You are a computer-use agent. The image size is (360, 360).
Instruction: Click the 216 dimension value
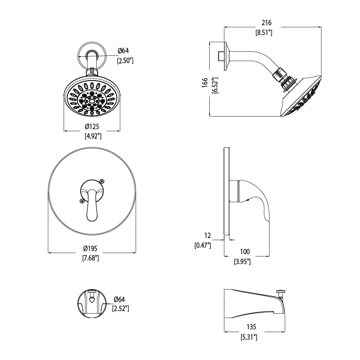point(266,23)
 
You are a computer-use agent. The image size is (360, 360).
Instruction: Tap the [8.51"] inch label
point(264,32)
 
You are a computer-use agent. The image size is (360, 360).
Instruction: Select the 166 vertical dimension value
point(205,82)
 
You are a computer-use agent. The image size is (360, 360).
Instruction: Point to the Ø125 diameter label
point(92,126)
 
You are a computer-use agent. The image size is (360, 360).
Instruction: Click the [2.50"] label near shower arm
point(125,61)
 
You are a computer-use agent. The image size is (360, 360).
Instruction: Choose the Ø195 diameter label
point(90,248)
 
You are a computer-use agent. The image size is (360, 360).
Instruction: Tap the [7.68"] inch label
point(90,258)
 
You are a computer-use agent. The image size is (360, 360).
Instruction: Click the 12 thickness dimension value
point(207,235)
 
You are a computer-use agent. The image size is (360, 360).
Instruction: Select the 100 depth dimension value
point(245,252)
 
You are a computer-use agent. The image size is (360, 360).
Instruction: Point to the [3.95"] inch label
point(242,261)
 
